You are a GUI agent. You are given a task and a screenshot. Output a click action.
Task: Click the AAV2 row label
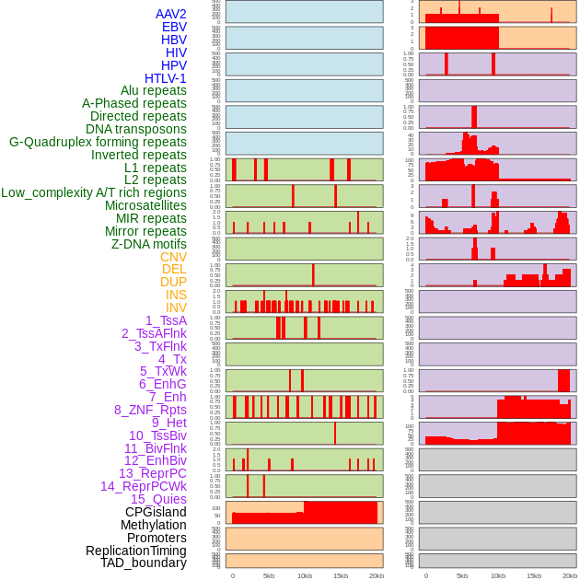click(170, 14)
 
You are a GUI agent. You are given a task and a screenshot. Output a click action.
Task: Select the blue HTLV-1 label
click(165, 78)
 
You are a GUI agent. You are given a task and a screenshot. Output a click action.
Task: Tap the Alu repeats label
click(153, 90)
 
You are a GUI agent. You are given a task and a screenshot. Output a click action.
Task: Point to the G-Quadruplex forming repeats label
click(98, 142)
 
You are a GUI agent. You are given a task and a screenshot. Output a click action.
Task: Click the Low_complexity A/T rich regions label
click(94, 192)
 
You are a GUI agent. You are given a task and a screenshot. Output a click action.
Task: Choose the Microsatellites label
click(145, 205)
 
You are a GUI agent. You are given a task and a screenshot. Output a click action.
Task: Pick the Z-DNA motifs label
click(148, 244)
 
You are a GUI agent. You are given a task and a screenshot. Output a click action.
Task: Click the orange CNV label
click(173, 257)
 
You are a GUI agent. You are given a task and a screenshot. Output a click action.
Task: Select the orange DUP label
click(173, 282)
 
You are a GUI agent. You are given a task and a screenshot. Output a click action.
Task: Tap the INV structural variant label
click(176, 307)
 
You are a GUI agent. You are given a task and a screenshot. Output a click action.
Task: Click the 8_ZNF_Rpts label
click(150, 410)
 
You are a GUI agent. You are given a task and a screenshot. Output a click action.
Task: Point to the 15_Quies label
click(158, 499)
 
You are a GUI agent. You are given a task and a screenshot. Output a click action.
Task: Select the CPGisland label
click(156, 512)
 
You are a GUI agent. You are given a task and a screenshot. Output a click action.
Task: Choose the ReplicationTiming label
click(135, 551)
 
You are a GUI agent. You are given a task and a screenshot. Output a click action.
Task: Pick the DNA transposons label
click(136, 129)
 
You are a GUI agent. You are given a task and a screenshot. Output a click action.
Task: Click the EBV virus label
click(174, 27)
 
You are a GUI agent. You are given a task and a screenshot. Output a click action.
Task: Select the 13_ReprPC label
click(152, 473)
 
